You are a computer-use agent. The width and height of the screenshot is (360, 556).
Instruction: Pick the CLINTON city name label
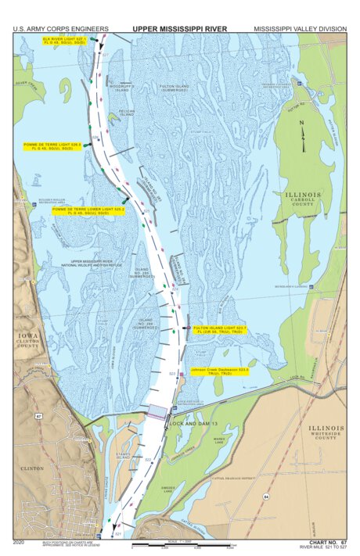[x=31, y=468]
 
